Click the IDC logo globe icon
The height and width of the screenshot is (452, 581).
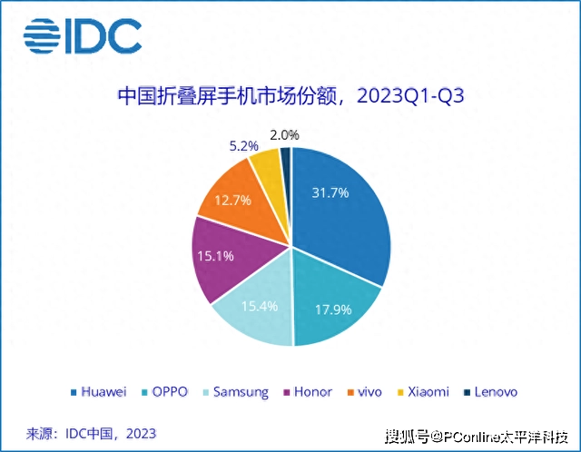41,35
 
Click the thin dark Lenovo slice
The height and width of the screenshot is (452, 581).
285,159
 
